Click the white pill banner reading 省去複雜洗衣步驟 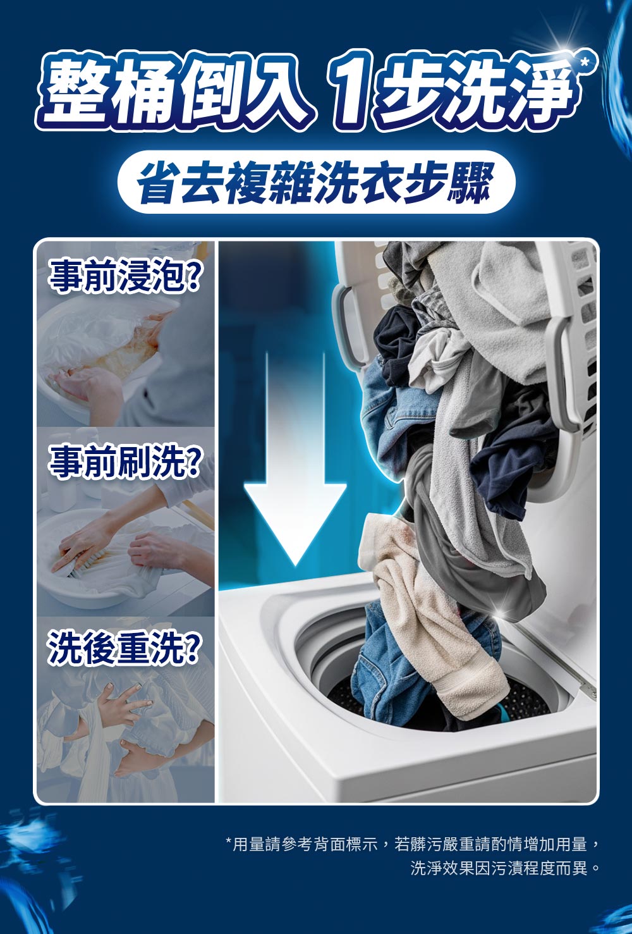(316, 182)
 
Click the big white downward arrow (295, 458)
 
